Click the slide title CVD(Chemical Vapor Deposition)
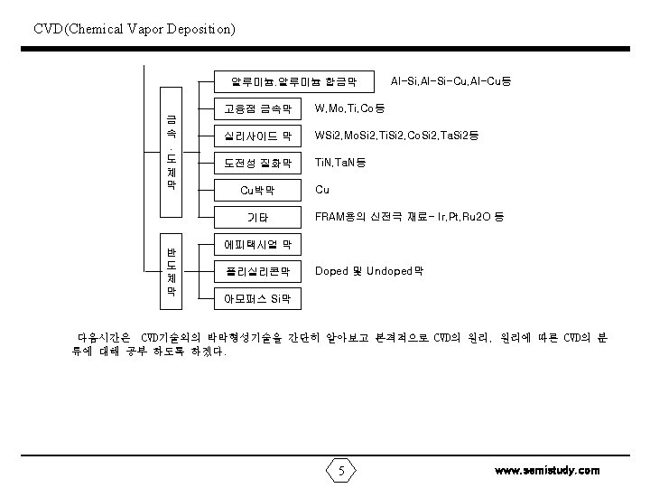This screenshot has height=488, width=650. [x=135, y=30]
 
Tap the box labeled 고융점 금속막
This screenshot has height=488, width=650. [x=257, y=110]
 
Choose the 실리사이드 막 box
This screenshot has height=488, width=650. [x=257, y=137]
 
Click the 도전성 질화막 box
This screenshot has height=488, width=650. [x=257, y=164]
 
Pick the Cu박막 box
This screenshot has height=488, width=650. [x=257, y=191]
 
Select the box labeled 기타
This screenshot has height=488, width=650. [x=257, y=218]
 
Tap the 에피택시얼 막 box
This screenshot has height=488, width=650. [x=257, y=244]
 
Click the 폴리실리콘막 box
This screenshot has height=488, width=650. [x=257, y=271]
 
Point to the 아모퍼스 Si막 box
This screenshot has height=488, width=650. [x=257, y=297]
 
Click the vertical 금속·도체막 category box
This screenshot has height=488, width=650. [x=170, y=151]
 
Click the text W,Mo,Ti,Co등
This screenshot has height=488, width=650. [x=350, y=109]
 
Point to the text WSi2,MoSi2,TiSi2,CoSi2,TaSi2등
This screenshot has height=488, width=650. [x=396, y=136]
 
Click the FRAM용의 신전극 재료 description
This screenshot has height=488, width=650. [x=409, y=217]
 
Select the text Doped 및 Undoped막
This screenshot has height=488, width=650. [x=369, y=270]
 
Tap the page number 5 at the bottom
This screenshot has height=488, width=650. [x=341, y=470]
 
